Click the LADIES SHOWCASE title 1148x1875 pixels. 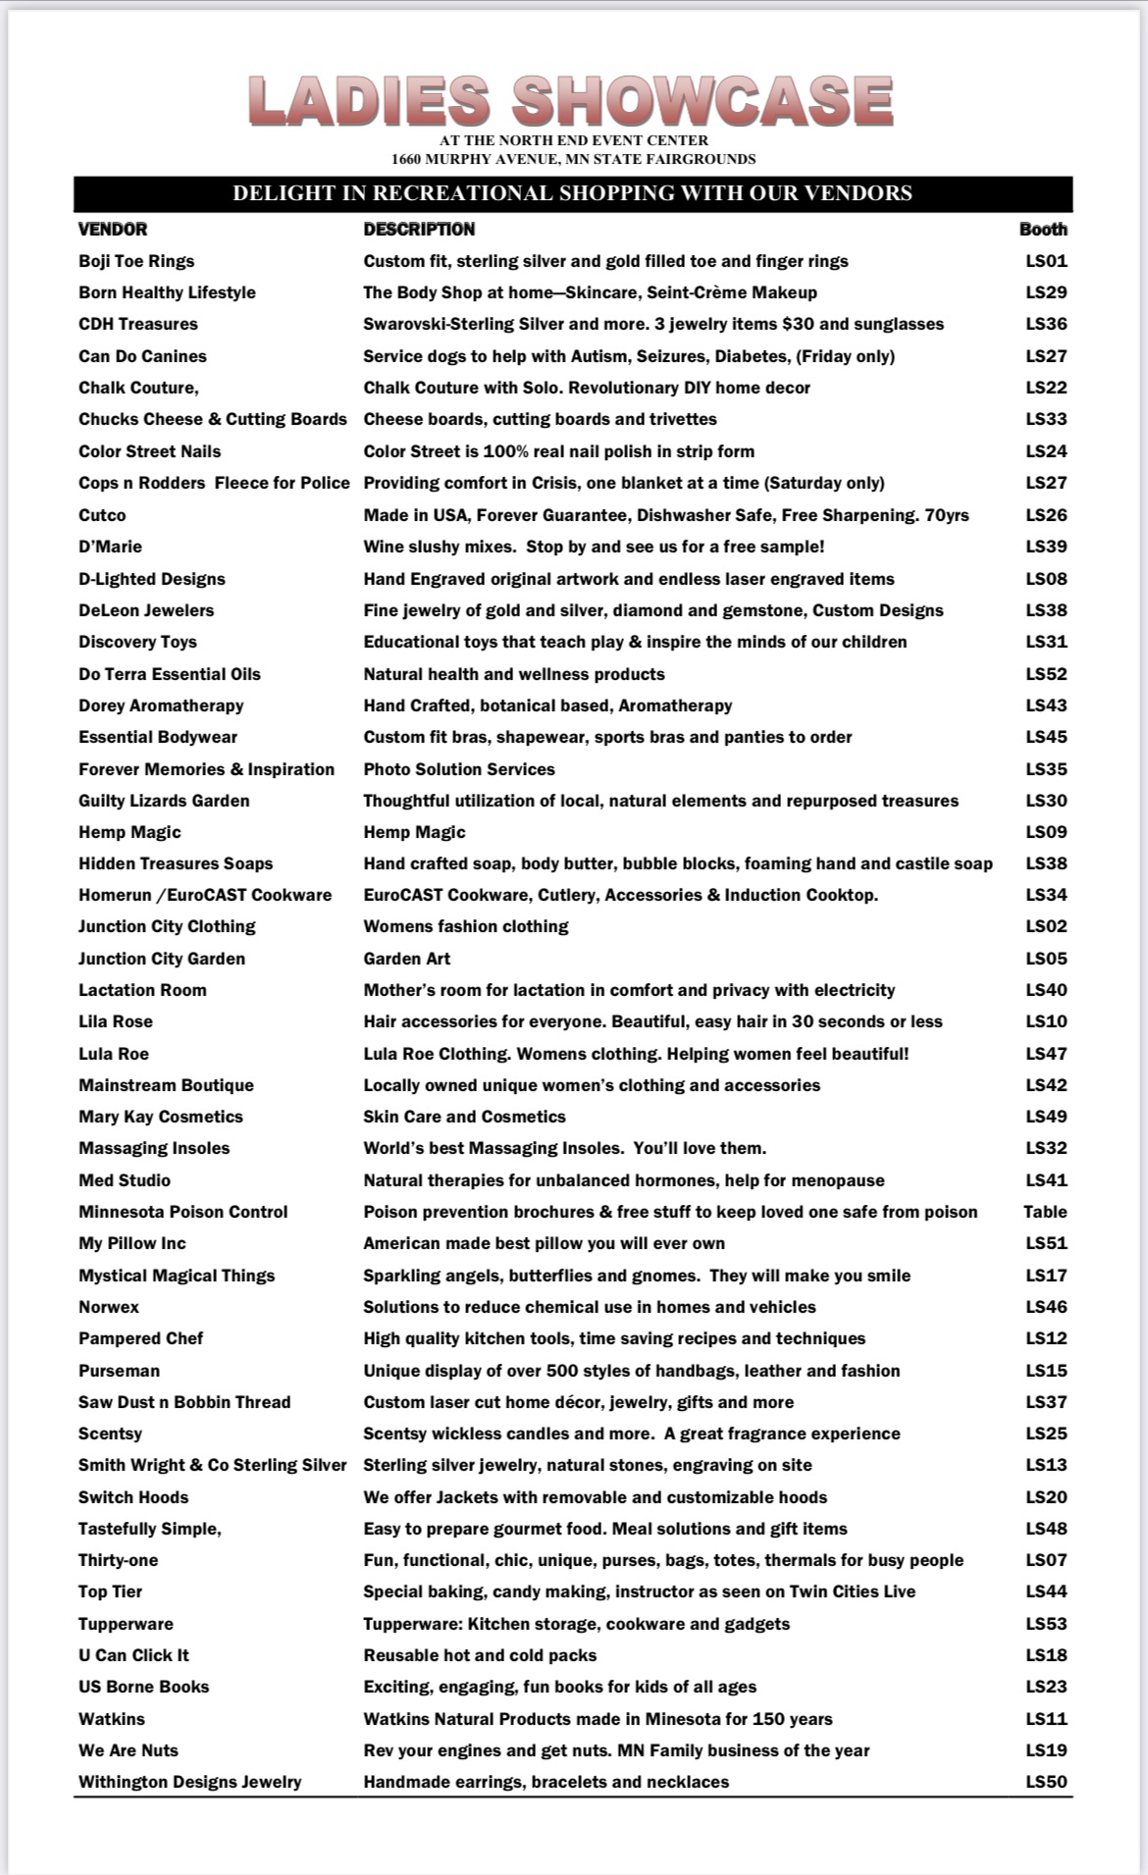point(571,101)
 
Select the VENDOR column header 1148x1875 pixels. point(113,230)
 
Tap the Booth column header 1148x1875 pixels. point(1043,230)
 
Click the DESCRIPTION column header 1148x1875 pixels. point(419,230)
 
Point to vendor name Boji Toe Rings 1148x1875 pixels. point(136,261)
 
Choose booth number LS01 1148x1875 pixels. point(1046,261)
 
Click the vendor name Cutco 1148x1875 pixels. point(102,515)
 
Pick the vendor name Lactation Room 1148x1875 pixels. point(142,990)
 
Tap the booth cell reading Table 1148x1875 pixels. point(1045,1212)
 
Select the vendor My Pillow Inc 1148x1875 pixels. point(131,1243)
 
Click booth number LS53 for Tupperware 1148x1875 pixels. point(1046,1624)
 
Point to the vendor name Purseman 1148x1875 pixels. point(119,1371)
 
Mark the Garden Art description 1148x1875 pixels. point(407,959)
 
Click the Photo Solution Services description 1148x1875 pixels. point(459,769)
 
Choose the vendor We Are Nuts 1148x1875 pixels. point(129,1750)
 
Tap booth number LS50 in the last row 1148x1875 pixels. point(1046,1782)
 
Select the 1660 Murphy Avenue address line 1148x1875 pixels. point(573,159)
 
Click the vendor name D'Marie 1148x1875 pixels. point(110,547)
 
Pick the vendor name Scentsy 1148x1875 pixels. point(110,1433)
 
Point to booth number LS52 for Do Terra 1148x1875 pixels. point(1046,674)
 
